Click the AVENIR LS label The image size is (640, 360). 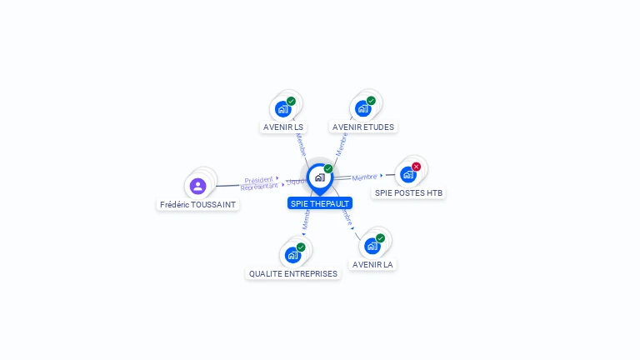(283, 127)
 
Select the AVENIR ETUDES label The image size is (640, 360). (362, 127)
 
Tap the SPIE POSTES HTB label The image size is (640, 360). (408, 192)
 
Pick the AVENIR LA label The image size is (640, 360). (372, 264)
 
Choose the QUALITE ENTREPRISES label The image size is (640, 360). (293, 273)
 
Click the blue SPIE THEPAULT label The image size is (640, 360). (320, 203)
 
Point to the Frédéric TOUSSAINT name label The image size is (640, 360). (198, 204)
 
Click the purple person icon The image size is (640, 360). (197, 186)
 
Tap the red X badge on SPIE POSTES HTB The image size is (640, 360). (416, 167)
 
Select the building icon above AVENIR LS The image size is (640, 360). (283, 109)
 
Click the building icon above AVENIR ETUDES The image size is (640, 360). (362, 108)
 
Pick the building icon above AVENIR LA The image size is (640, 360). (372, 246)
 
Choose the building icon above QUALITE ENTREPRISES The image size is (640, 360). (292, 255)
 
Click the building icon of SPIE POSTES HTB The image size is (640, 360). (407, 174)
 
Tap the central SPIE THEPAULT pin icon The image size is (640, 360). (319, 177)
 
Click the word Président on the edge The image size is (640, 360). (259, 179)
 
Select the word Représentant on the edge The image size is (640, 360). (259, 187)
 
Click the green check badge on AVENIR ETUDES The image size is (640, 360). (371, 101)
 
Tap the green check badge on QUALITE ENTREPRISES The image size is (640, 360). (301, 247)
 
